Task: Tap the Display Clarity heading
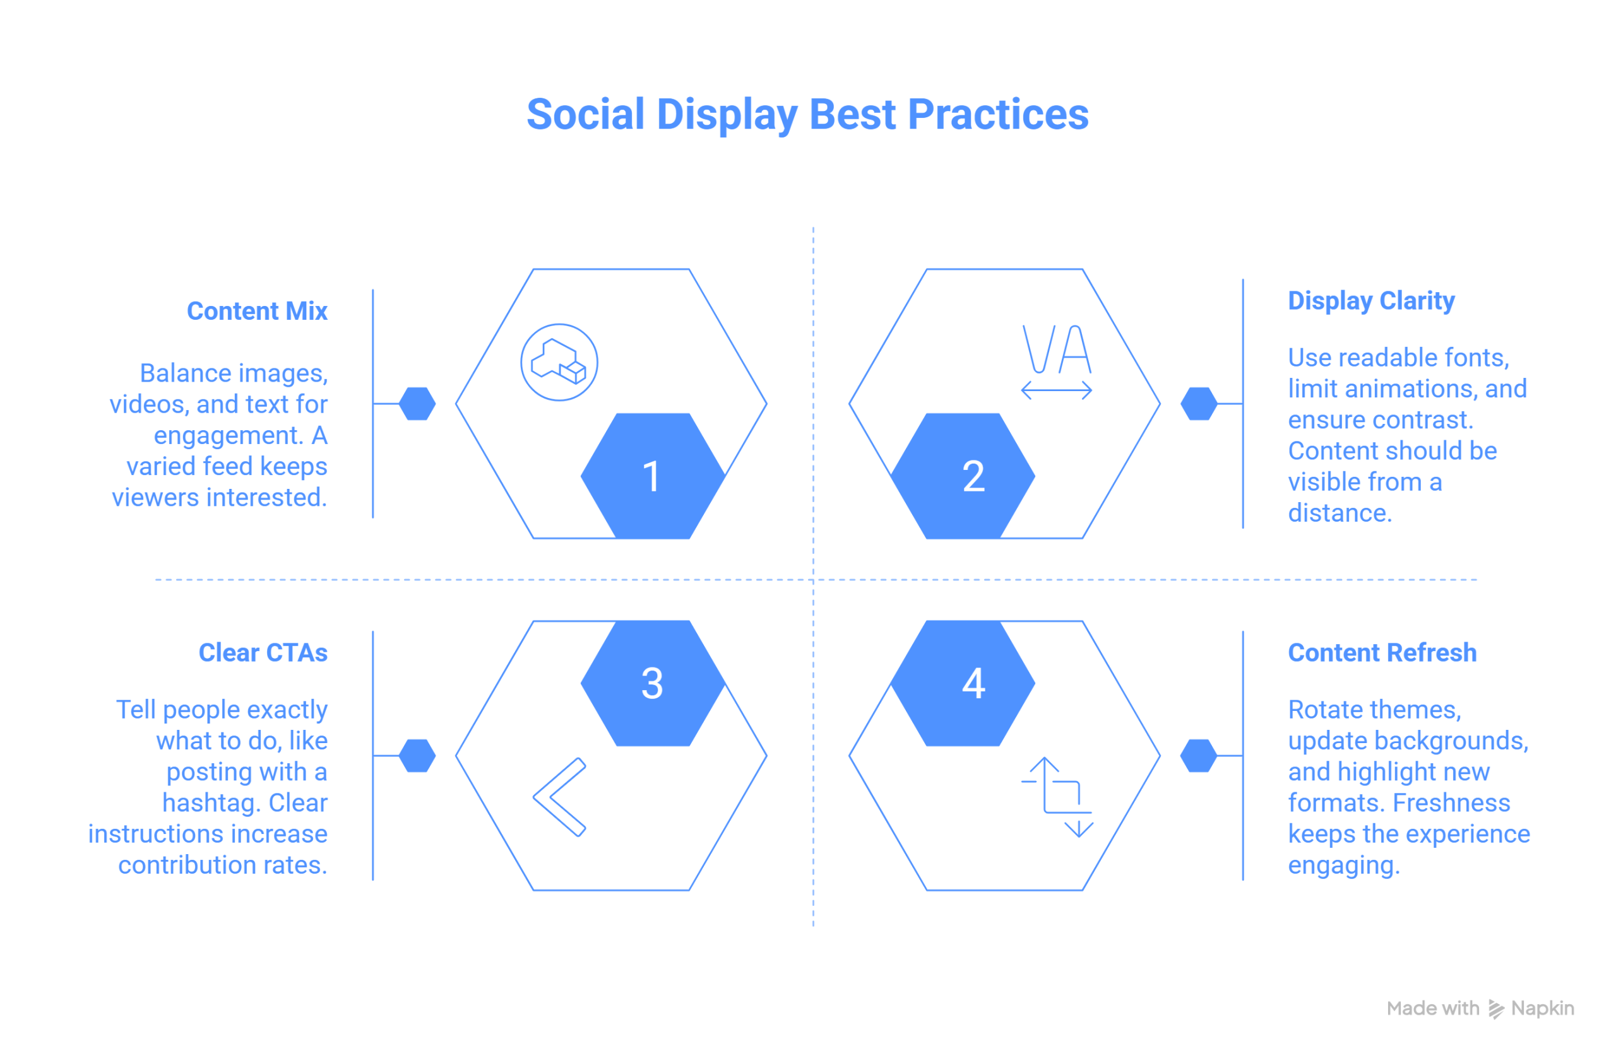tap(1371, 301)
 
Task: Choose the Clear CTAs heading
tap(263, 652)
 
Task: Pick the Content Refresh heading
tap(1382, 652)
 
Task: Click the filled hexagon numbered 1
tap(653, 476)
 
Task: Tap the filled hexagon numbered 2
tap(963, 476)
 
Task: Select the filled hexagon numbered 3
tap(653, 683)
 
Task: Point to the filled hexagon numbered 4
tap(963, 683)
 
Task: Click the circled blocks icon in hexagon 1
tap(559, 362)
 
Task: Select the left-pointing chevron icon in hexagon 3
tap(559, 797)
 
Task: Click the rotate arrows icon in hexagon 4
tap(1057, 797)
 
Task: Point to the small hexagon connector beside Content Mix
tap(417, 404)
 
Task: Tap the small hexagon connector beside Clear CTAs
tap(417, 755)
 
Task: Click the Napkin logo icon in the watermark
tap(1496, 1009)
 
